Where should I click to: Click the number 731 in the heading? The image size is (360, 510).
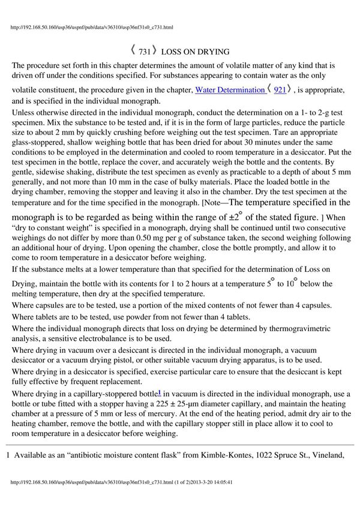coord(144,52)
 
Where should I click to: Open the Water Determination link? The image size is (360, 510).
coord(229,89)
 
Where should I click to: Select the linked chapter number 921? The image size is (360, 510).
coord(280,89)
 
